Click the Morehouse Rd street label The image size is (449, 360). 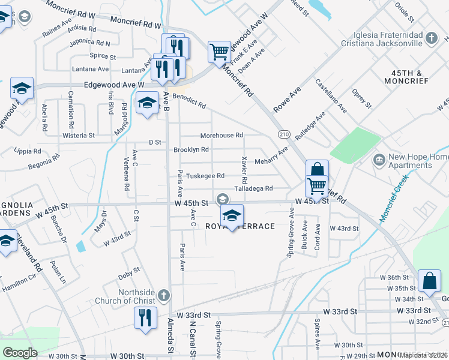[221, 136]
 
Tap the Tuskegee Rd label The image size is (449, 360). [205, 176]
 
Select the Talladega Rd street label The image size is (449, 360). [253, 188]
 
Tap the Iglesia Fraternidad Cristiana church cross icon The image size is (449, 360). [430, 39]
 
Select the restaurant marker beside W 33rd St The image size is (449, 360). [145, 318]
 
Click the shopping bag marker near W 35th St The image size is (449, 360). [430, 282]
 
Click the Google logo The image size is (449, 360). [20, 352]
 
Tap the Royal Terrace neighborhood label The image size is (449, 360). [240, 226]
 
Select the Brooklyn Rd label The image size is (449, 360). [191, 149]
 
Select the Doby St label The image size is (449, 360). [129, 275]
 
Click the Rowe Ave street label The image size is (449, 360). [287, 99]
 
